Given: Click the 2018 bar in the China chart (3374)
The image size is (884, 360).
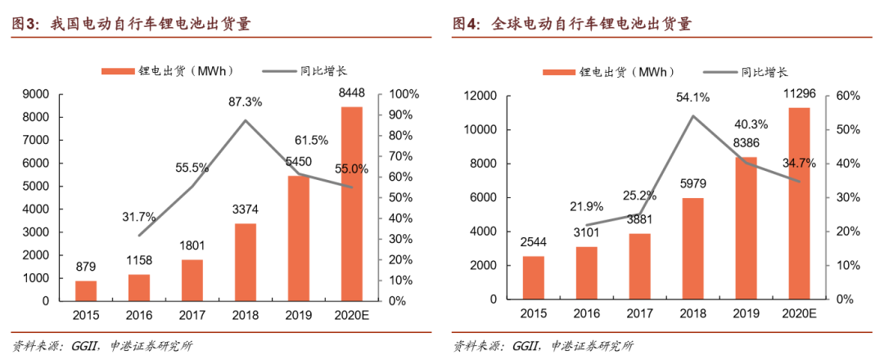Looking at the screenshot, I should click(244, 262).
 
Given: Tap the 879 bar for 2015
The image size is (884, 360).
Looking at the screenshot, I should click(86, 290).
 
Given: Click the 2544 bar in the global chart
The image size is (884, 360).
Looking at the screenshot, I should click(533, 278).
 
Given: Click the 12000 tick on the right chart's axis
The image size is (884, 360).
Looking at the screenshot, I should click(480, 96).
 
